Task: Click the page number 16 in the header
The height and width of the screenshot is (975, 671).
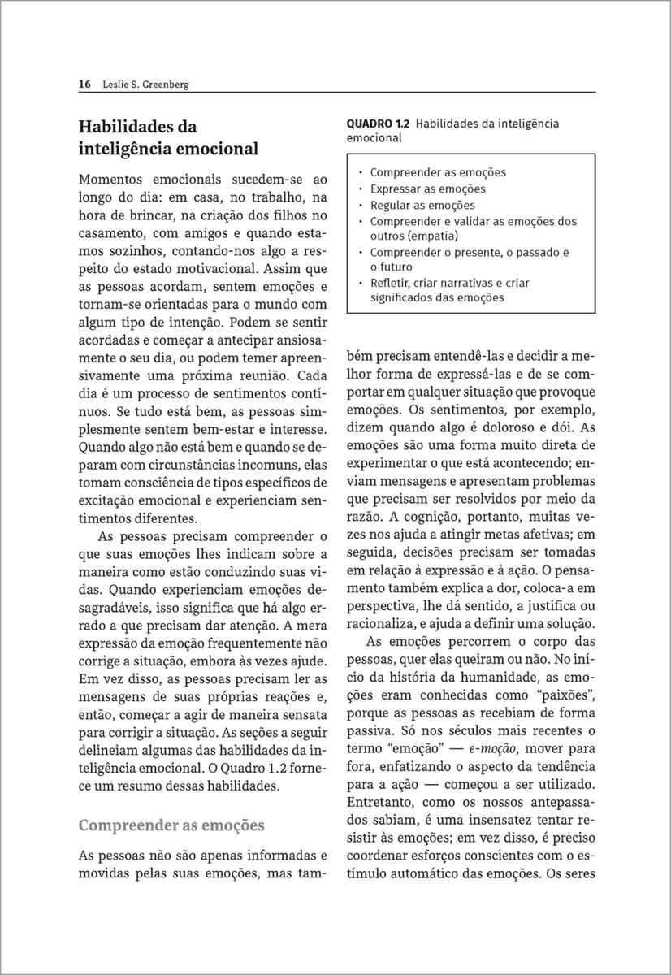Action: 84,84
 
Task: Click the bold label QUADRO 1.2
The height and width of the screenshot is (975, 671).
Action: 379,123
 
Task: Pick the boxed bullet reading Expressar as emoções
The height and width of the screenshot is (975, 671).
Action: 427,188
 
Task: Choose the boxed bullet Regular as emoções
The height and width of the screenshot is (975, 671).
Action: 422,205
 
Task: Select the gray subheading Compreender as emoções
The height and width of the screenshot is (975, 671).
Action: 171,825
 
